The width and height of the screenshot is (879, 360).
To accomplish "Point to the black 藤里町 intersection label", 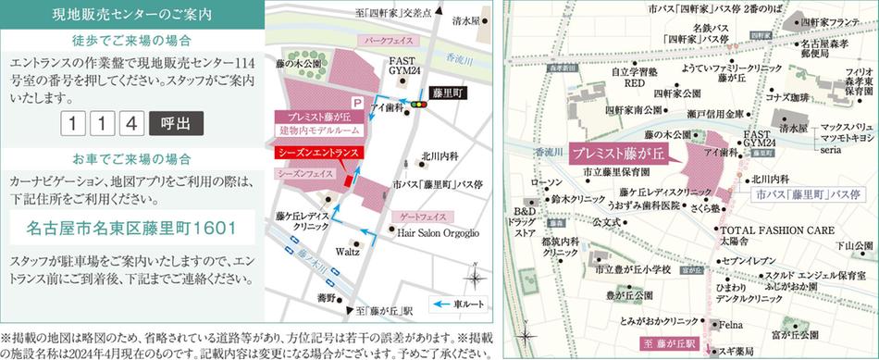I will click(x=450, y=93).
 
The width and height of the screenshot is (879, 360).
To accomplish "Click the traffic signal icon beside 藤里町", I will click(x=421, y=106).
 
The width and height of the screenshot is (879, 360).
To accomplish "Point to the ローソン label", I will click(x=546, y=183).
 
